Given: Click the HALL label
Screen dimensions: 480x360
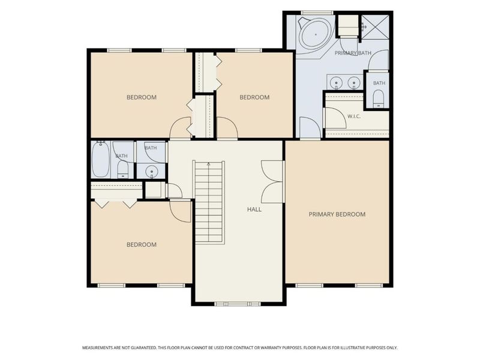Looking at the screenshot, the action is (x=254, y=209).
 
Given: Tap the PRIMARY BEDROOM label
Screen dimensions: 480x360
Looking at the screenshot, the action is (x=337, y=214).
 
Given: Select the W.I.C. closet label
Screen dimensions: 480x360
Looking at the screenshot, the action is (x=354, y=116).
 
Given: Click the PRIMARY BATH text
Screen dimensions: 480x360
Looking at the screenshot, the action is (x=353, y=53).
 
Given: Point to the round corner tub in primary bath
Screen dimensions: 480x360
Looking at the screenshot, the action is (x=316, y=35).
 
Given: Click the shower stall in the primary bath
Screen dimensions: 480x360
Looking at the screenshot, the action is (x=375, y=27).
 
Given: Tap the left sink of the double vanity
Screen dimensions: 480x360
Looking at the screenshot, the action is (x=337, y=82).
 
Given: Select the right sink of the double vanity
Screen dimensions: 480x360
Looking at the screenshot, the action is (x=354, y=82).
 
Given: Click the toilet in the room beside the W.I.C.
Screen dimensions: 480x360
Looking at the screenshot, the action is (x=379, y=98).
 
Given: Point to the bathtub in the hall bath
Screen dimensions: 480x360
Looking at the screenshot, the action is (x=101, y=159).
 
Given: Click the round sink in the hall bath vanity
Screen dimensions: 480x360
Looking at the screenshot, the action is (x=151, y=171).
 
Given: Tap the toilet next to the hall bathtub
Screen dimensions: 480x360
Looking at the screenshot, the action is (x=123, y=170).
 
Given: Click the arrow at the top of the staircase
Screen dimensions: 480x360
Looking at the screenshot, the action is (x=209, y=164).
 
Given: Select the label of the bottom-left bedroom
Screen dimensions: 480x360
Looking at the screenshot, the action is (x=142, y=245).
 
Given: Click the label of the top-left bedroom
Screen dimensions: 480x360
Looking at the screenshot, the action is (x=142, y=97).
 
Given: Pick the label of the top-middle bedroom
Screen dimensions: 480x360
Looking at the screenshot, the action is (x=254, y=97).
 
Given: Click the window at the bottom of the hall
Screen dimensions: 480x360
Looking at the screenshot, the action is (x=237, y=304).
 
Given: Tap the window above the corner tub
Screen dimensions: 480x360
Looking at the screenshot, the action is (x=317, y=13).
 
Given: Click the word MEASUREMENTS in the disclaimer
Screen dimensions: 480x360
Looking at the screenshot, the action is (x=97, y=348).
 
